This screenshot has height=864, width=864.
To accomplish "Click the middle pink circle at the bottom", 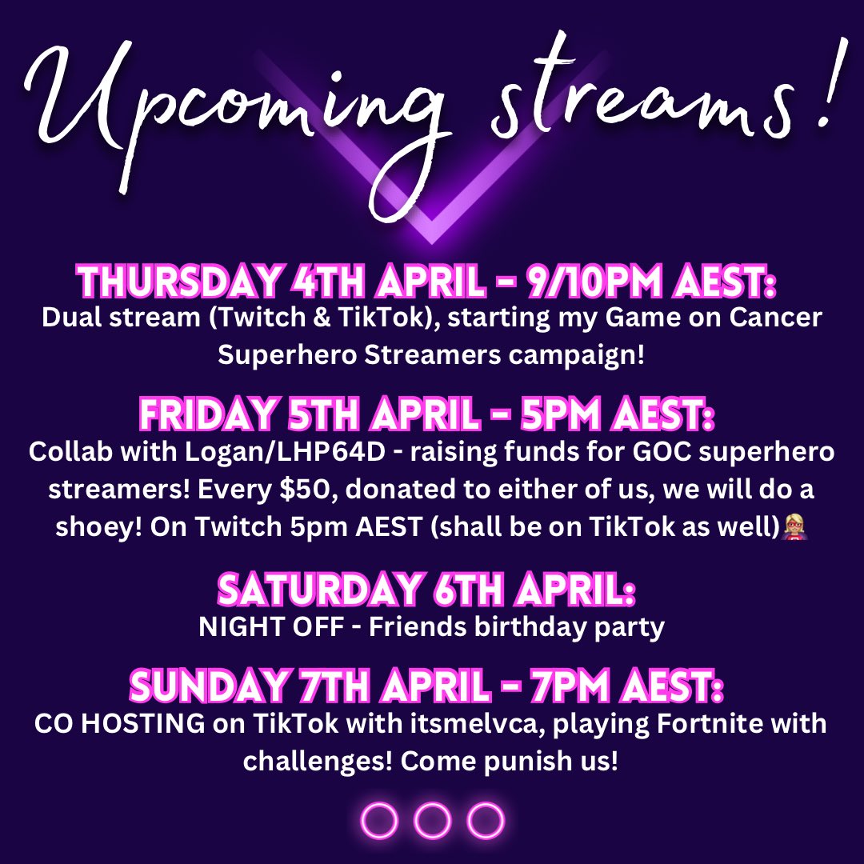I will click(x=433, y=820).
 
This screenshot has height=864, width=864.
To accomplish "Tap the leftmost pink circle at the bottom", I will click(x=380, y=820).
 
